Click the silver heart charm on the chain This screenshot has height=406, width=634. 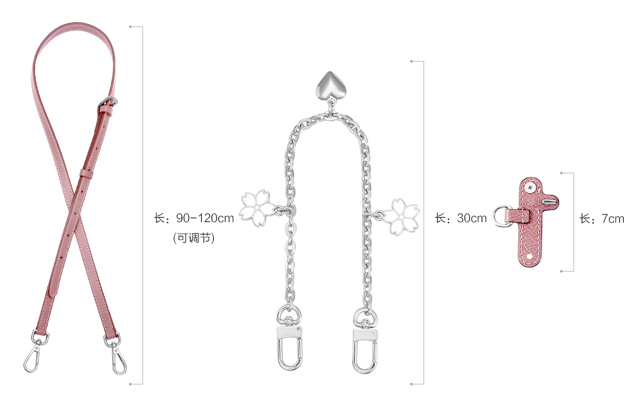point(330,85)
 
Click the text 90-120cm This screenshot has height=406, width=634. point(205,218)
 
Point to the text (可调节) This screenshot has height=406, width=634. point(194,238)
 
